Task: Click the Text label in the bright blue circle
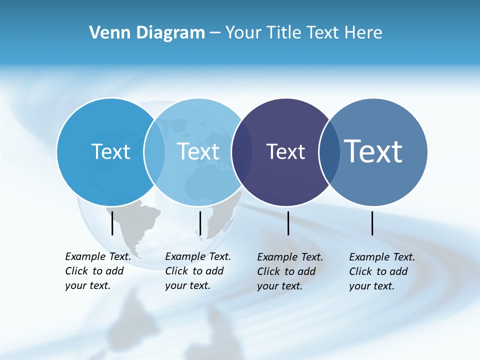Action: [x=110, y=151]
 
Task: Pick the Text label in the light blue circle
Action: [x=198, y=151]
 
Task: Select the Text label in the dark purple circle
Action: [x=285, y=151]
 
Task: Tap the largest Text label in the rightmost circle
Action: [x=373, y=151]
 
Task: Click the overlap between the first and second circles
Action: [x=154, y=152]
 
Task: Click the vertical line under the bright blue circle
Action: [x=112, y=223]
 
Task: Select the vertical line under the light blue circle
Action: [x=200, y=223]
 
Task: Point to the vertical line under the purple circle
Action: [x=288, y=223]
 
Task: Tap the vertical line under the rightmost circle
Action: [x=372, y=223]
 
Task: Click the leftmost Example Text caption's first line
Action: [x=98, y=256]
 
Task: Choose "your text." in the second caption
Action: [x=187, y=285]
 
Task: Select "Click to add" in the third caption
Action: [x=286, y=271]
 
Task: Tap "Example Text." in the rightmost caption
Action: [x=382, y=257]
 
